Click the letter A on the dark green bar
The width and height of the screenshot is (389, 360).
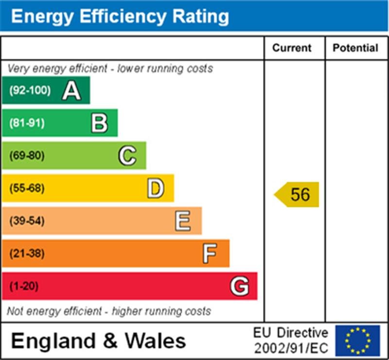71,90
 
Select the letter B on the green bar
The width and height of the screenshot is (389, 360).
99,123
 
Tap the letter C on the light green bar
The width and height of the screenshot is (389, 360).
127,156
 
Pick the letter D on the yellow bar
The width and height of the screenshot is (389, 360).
156,188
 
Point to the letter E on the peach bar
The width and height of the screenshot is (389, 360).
183,221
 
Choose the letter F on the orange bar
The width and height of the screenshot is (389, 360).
210,253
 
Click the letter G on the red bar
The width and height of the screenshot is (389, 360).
239,286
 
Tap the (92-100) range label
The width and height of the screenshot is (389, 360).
30,90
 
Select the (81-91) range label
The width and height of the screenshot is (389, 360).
27,123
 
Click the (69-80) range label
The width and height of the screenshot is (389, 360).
27,156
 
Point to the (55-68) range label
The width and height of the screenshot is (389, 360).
27,188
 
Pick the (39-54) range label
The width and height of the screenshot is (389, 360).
27,221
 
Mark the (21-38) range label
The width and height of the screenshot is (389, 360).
27,253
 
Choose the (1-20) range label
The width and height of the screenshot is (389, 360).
24,286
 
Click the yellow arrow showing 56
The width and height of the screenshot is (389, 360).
297,195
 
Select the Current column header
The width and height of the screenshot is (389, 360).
292,48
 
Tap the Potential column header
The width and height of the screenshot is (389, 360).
355,48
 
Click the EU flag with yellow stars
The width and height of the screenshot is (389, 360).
357,341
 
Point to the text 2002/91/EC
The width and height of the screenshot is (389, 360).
291,348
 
